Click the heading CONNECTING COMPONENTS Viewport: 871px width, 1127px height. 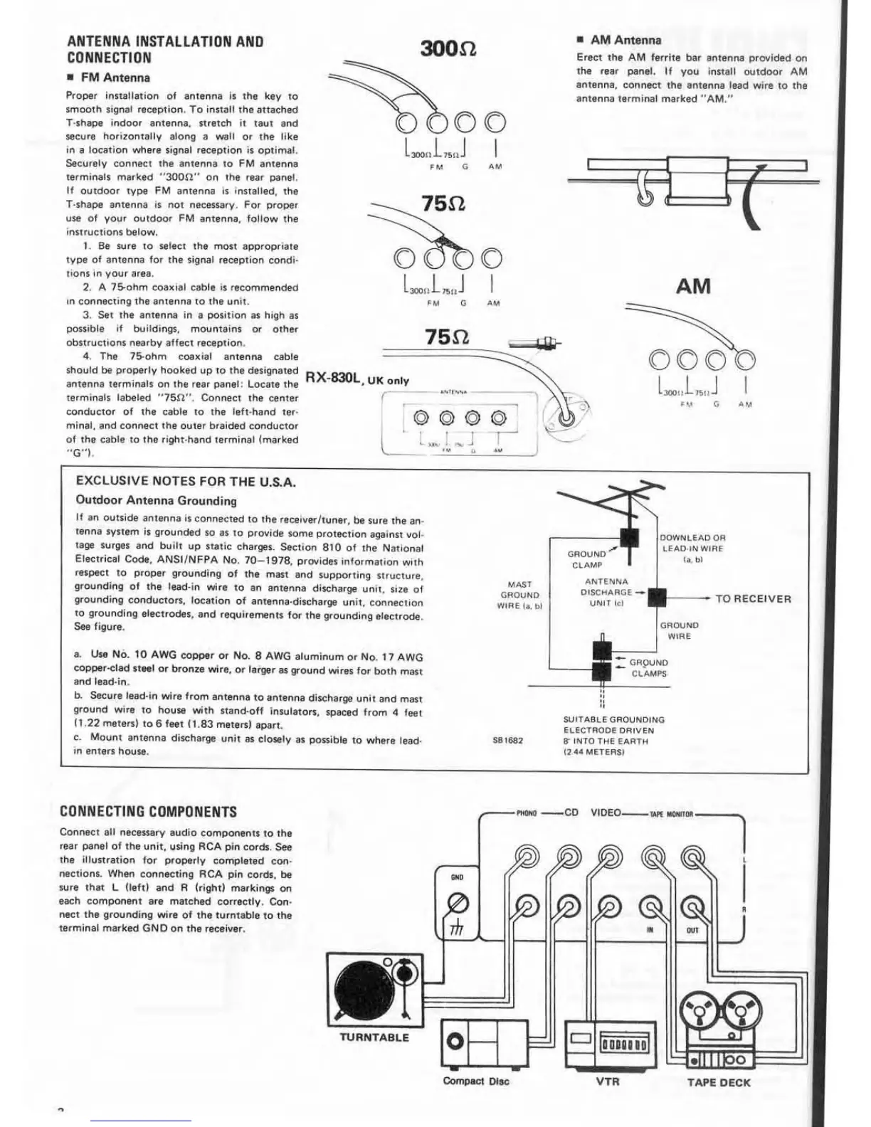(x=148, y=812)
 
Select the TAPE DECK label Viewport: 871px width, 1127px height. (x=719, y=1082)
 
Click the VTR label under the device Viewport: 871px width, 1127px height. (x=607, y=1081)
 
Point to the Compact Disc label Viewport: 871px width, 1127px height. (x=476, y=1081)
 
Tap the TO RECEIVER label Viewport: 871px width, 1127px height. (x=753, y=598)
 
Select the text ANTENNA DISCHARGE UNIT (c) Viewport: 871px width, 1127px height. (x=606, y=592)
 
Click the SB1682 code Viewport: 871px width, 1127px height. (x=507, y=740)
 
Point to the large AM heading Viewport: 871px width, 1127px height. (x=693, y=286)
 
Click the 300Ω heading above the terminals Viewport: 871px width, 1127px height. (x=448, y=48)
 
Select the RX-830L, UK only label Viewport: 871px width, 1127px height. (x=357, y=379)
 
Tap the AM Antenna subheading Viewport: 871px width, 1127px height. (x=625, y=41)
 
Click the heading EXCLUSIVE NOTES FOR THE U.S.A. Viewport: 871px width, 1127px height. (x=186, y=482)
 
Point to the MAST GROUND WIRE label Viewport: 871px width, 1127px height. (x=519, y=595)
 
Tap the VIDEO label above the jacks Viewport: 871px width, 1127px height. (x=606, y=813)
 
